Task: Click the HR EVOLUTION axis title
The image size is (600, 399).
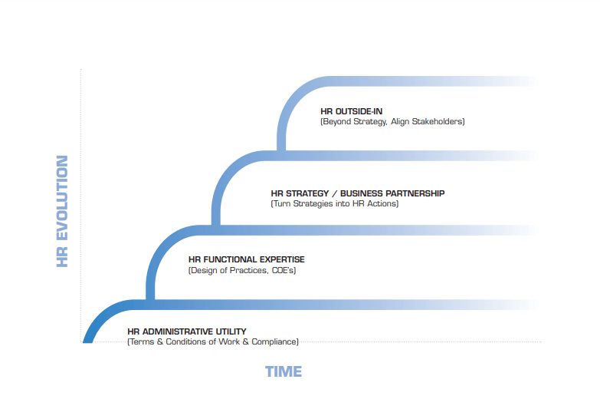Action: point(62,211)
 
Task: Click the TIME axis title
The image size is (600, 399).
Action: point(284,371)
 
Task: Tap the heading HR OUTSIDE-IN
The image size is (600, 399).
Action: point(351,111)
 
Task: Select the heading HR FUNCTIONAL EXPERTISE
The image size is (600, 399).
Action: point(247,259)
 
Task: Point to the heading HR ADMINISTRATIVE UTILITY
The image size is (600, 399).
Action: point(187,331)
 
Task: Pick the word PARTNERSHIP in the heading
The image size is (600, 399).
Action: point(415,193)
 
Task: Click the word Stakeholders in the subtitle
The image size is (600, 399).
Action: point(438,121)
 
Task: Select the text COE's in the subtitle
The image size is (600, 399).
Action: point(283,270)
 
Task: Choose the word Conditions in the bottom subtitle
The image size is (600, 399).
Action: point(185,341)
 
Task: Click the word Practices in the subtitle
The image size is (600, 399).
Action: point(249,270)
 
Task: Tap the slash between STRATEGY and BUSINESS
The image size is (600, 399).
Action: point(334,193)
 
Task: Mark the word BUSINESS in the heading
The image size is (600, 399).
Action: point(362,193)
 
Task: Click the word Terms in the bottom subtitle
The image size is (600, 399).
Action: point(142,341)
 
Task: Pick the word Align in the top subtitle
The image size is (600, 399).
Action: point(400,121)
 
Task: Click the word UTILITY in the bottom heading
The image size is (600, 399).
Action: point(231,331)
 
